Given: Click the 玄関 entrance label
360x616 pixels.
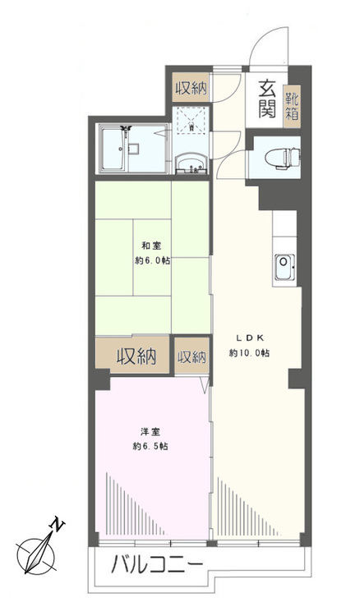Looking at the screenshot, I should [x=265, y=98].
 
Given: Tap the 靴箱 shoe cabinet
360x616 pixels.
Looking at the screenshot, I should [x=292, y=108].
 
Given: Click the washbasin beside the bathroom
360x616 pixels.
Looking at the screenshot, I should [x=194, y=161].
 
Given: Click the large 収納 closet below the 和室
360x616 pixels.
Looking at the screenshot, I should [x=136, y=356].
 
